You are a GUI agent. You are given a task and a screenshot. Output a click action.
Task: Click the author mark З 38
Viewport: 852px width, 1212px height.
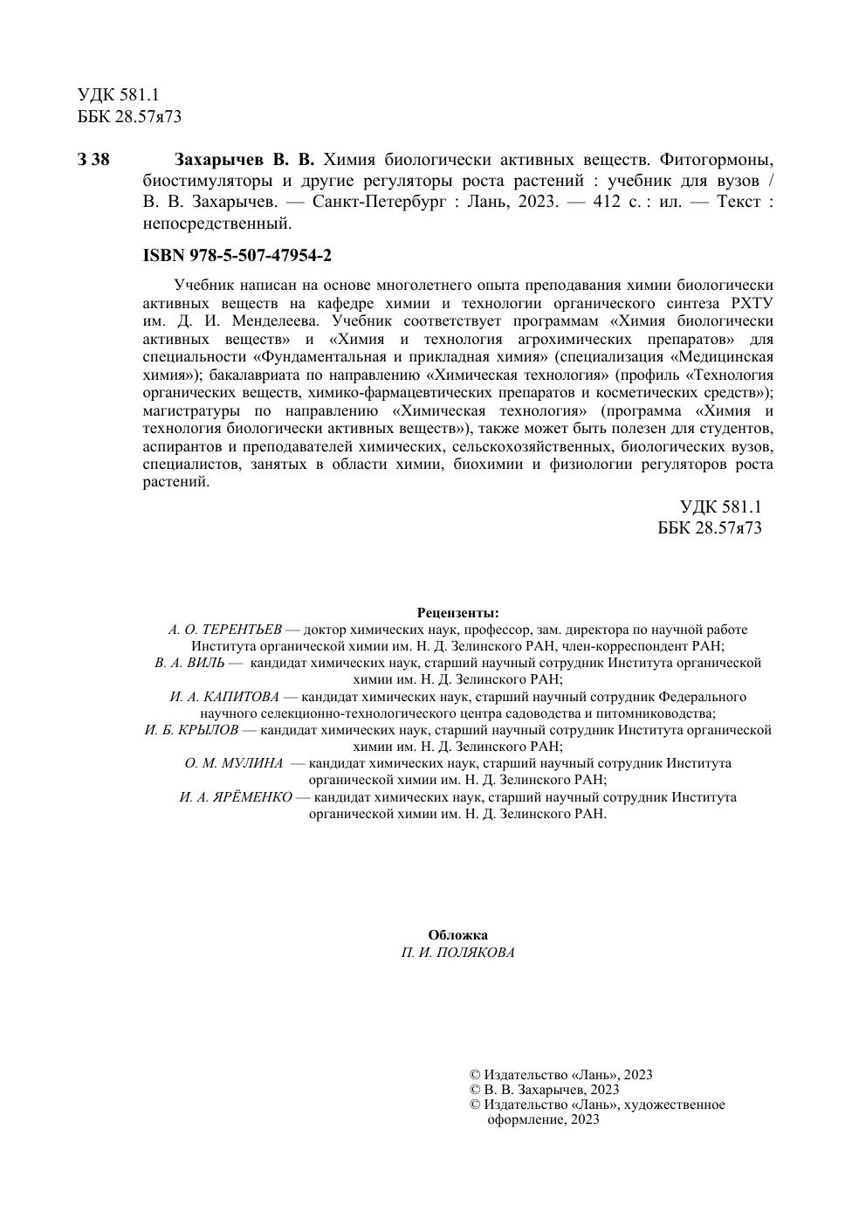(93, 160)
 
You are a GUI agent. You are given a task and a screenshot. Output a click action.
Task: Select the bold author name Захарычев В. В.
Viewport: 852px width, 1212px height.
(244, 160)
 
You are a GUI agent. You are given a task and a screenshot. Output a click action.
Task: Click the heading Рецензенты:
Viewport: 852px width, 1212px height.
(458, 612)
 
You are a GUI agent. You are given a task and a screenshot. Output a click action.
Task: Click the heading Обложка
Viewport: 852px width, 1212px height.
(457, 935)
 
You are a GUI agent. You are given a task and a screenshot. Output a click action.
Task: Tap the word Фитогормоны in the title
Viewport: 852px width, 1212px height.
(717, 160)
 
